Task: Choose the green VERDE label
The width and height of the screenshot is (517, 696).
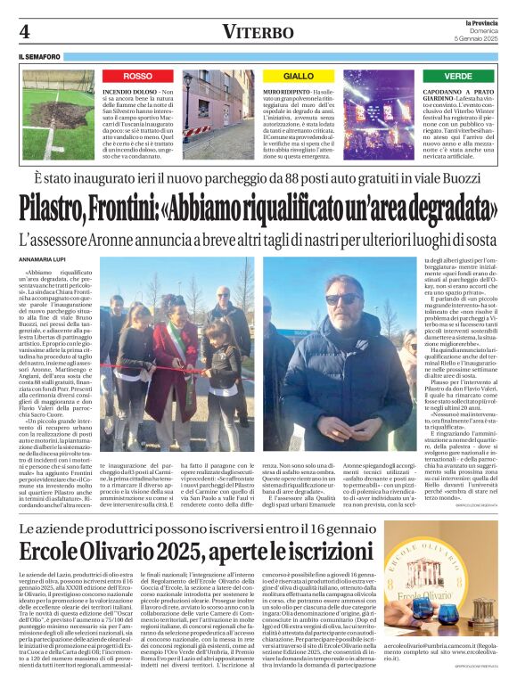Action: coord(458,77)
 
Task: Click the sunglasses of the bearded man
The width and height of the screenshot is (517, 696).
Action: coord(341,299)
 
